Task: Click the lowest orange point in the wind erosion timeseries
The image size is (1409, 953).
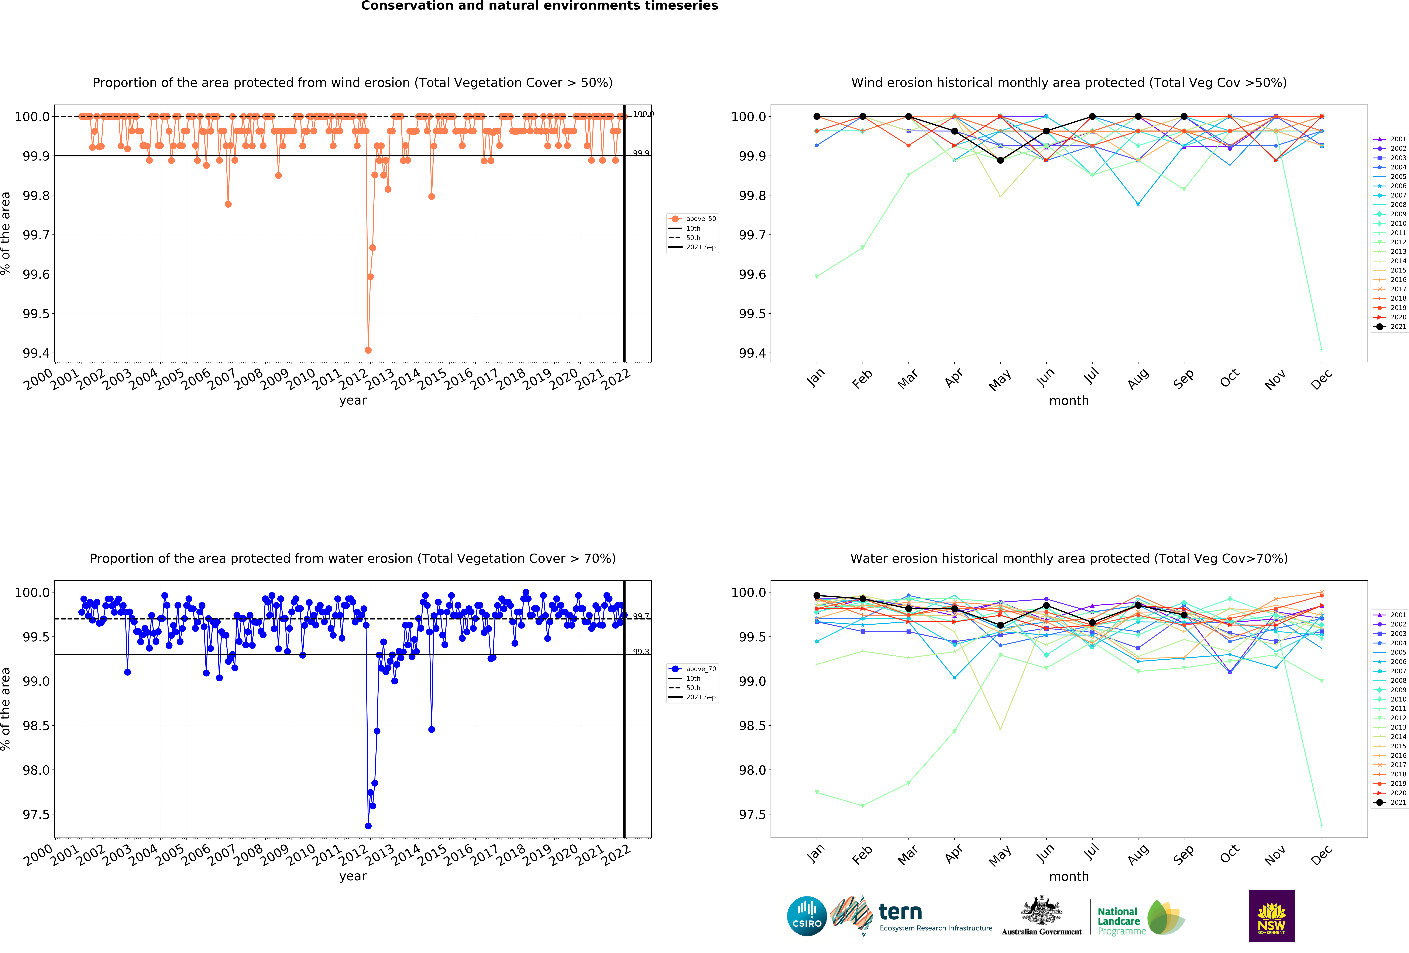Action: (x=368, y=350)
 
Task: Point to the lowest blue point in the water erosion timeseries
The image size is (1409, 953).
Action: (x=368, y=826)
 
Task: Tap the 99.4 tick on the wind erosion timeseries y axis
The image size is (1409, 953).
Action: (x=36, y=353)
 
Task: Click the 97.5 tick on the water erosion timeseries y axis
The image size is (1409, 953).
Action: (x=36, y=814)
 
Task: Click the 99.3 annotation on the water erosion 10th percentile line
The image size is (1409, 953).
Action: (x=641, y=652)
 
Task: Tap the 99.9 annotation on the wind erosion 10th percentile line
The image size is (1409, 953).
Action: (x=641, y=153)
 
